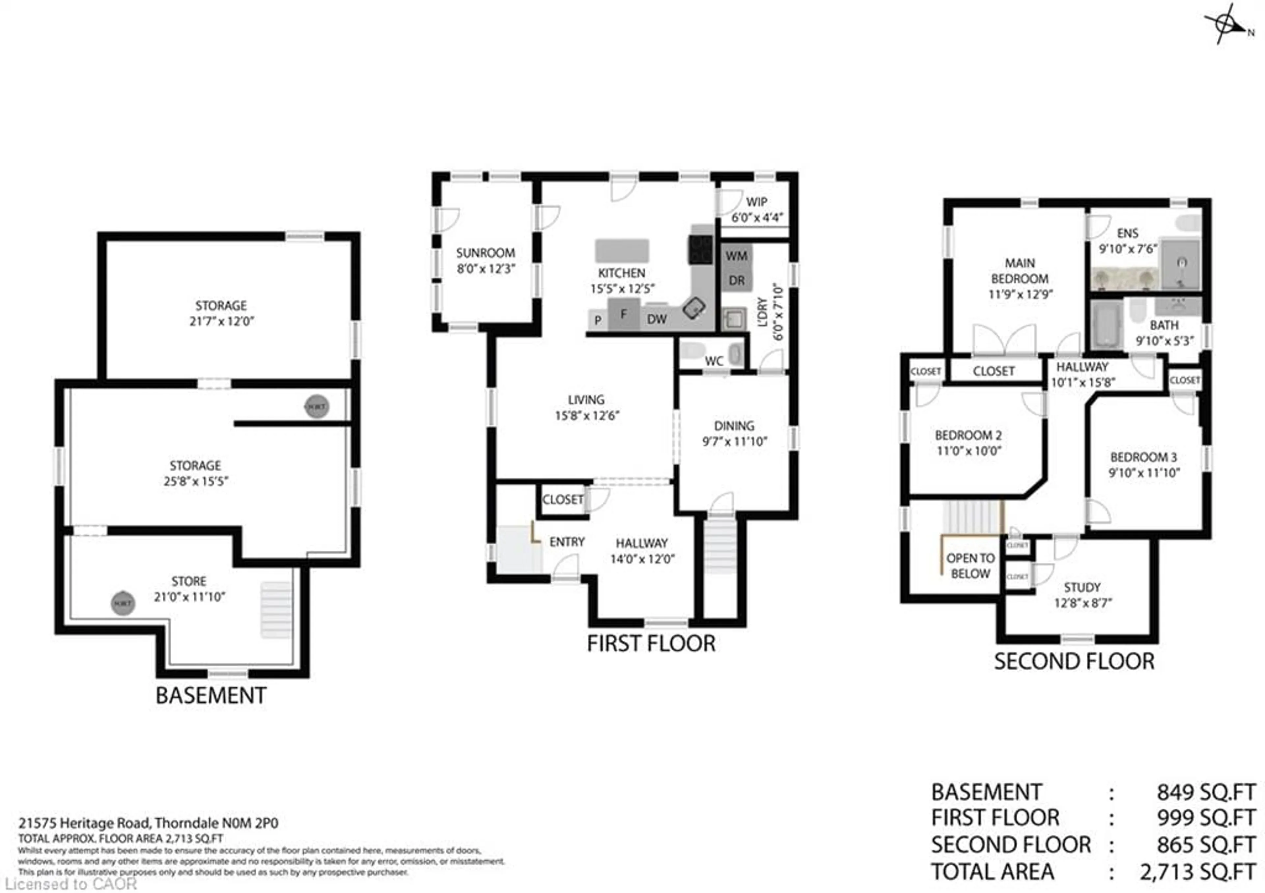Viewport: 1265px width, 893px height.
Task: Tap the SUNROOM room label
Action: tap(485, 253)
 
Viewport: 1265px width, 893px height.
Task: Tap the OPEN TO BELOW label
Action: tap(970, 566)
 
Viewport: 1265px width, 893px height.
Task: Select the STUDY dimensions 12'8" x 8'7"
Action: tap(1082, 603)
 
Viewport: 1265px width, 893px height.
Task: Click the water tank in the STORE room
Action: tap(122, 603)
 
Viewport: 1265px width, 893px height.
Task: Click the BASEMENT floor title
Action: tap(211, 696)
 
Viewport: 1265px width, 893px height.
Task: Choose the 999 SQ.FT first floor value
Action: tap(1205, 819)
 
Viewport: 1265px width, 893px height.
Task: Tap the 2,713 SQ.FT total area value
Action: tap(1197, 872)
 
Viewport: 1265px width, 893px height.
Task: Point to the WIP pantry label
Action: tap(756, 202)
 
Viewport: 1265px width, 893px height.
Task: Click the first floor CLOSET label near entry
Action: tap(563, 500)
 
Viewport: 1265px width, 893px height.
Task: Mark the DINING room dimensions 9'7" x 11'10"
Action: tap(734, 441)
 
